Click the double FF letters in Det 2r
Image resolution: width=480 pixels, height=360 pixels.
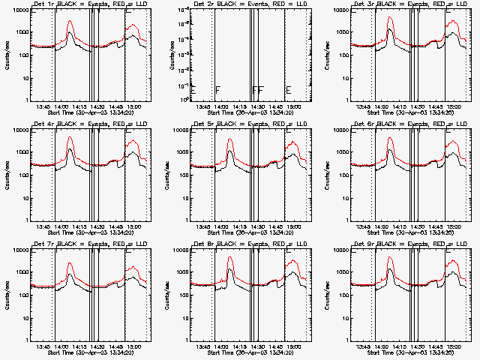(258, 90)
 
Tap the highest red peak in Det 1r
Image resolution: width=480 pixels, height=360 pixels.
(70, 21)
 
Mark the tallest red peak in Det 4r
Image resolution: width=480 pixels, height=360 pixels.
(70, 137)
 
